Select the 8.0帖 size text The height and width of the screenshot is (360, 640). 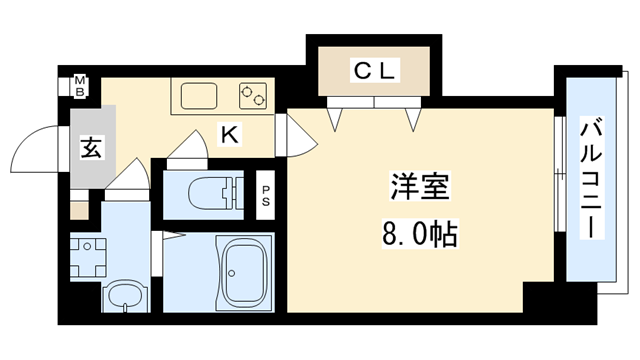(x=418, y=235)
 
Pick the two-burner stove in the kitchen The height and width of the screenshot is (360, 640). (x=253, y=95)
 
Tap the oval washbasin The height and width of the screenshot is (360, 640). (x=124, y=295)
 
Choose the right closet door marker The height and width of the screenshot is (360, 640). (x=412, y=117)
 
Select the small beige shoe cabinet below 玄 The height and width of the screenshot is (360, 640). (x=78, y=211)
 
